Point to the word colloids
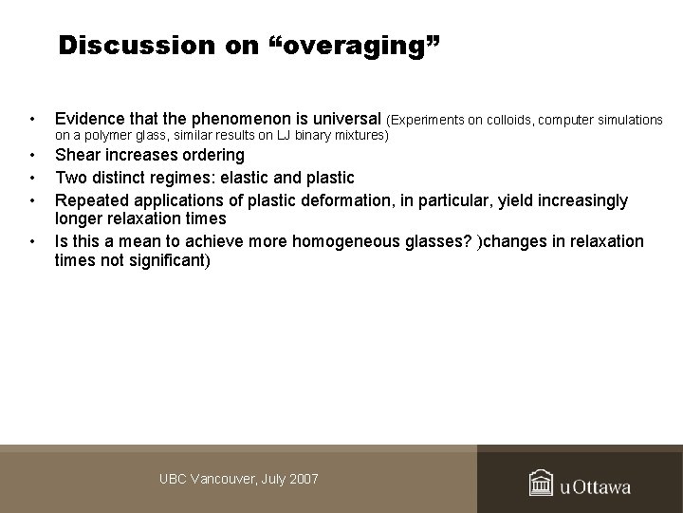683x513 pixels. tap(509, 120)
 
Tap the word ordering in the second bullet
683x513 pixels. tap(212, 155)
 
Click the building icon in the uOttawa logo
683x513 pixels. tap(542, 484)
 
